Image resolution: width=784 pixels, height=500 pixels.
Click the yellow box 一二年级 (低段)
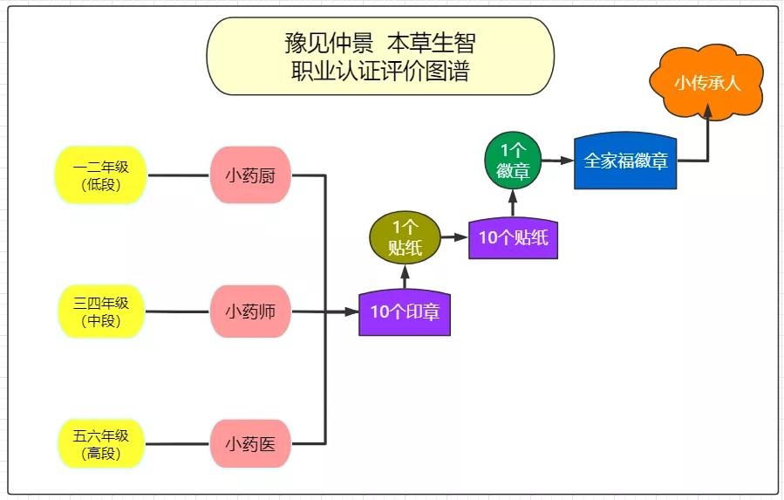tap(101, 175)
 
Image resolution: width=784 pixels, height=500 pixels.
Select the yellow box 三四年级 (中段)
tap(101, 312)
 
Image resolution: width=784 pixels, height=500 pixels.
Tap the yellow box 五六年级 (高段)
tap(101, 443)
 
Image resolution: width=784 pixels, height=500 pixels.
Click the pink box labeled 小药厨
tap(250, 175)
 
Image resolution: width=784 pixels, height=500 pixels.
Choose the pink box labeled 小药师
tap(250, 312)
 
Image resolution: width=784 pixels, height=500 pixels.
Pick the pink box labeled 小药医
tap(250, 443)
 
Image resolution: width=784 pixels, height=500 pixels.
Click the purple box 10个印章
tap(405, 312)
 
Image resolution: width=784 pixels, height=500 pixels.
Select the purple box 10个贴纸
tap(513, 237)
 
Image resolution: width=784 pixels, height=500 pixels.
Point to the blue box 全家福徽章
tap(625, 161)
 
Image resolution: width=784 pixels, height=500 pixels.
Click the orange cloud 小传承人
tap(706, 85)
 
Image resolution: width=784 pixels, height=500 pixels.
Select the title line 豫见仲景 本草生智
tap(380, 42)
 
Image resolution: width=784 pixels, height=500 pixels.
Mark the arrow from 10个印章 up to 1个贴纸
tap(405, 277)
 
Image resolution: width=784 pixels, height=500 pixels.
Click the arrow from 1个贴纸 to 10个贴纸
tap(453, 236)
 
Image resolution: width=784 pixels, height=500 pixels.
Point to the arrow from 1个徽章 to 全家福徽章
tap(557, 161)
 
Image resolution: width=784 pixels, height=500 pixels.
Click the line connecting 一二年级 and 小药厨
tap(178, 175)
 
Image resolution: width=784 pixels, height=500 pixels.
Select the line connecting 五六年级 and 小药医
tap(178, 443)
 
